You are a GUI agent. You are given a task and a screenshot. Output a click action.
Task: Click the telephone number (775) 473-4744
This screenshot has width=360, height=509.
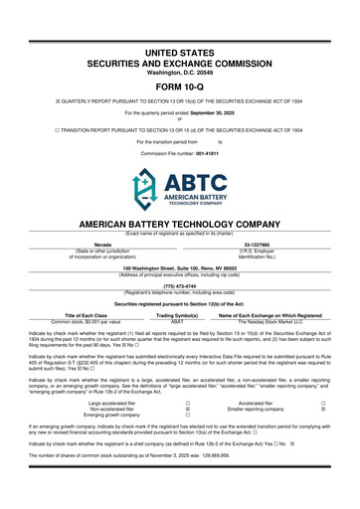(180, 283)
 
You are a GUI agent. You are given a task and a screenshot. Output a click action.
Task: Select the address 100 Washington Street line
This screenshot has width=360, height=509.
(180, 268)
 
